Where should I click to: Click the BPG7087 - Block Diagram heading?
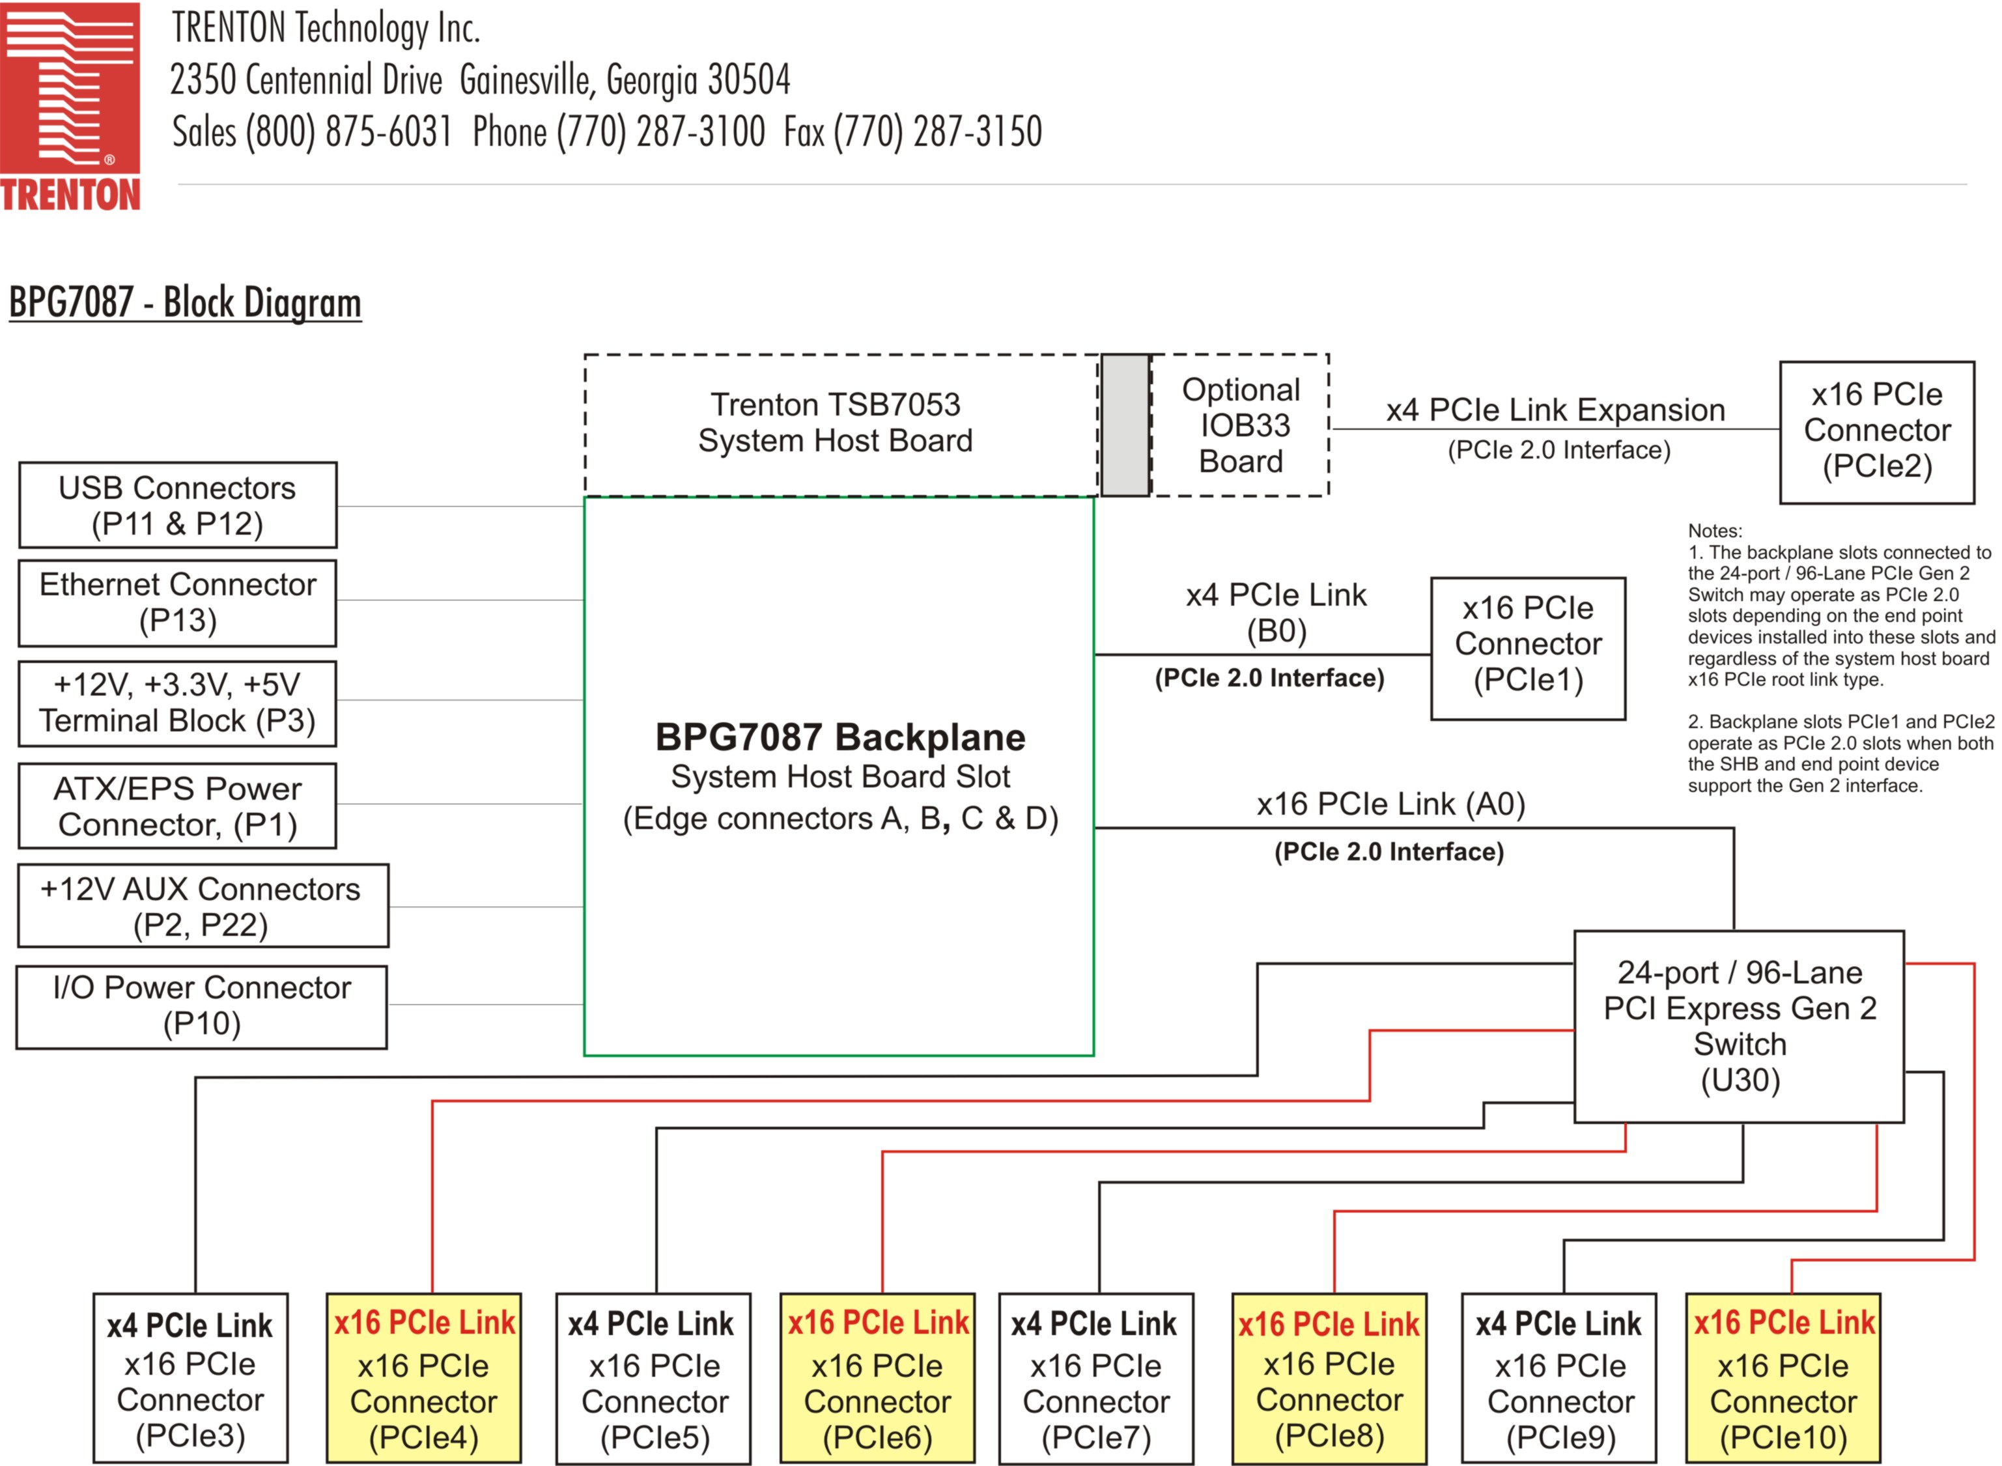(184, 303)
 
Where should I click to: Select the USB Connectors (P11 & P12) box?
(178, 505)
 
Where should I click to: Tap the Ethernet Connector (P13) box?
(178, 602)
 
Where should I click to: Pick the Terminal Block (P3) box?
(178, 703)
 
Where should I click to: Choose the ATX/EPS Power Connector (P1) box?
(178, 806)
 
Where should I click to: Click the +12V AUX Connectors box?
(203, 906)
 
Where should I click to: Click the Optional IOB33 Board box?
(1241, 425)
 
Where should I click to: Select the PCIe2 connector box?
(1876, 432)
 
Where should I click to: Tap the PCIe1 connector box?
(1527, 648)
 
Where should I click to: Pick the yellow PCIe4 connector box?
(423, 1377)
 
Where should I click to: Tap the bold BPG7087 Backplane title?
(839, 737)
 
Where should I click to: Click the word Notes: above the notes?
(1715, 531)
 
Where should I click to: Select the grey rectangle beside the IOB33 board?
(1125, 425)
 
